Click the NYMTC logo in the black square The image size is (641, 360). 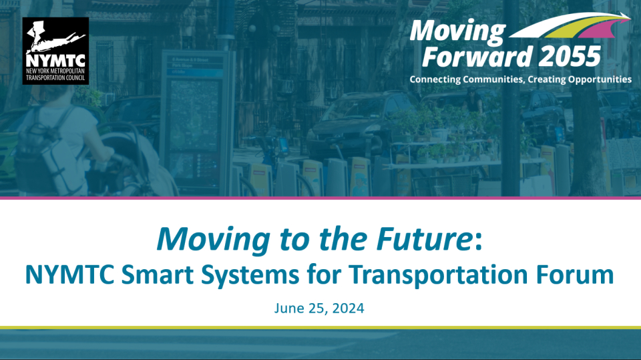click(x=55, y=51)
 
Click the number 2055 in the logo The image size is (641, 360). click(x=570, y=57)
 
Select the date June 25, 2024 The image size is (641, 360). click(x=319, y=308)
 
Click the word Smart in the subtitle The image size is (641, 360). click(x=158, y=274)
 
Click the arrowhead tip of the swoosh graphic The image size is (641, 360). click(x=630, y=17)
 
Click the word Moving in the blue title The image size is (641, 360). click(x=214, y=239)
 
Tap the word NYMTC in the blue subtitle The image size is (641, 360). click(x=69, y=274)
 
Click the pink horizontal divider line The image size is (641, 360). click(x=320, y=198)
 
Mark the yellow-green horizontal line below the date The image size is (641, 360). click(x=320, y=328)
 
